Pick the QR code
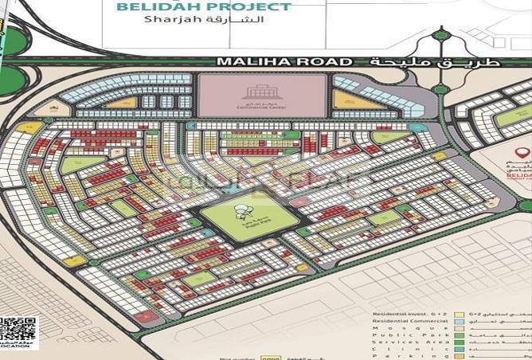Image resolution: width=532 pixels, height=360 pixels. point(18,331)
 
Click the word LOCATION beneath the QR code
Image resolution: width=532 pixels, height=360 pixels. point(18,347)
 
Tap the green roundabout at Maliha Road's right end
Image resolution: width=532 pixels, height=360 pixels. point(441,35)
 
